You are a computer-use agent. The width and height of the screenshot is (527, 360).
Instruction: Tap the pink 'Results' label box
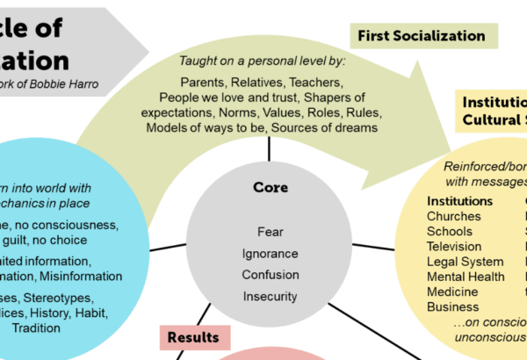pos(195,335)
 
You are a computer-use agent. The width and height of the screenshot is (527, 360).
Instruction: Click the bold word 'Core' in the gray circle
pos(271,188)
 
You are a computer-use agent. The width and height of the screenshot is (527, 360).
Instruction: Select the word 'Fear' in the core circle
pos(271,232)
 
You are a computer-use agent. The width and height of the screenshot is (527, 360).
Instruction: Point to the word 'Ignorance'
pos(271,253)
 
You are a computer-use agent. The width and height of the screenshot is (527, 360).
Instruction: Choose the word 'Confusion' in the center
pos(271,274)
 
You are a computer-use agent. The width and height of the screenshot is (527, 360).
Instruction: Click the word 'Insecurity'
pos(271,296)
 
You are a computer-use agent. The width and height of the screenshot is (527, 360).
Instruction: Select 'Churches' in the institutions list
pos(453,216)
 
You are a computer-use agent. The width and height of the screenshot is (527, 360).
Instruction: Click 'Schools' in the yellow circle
pos(450,231)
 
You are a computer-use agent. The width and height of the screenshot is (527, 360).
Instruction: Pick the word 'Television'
pos(454,246)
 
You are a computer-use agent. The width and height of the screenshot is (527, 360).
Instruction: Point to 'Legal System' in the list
pos(465,262)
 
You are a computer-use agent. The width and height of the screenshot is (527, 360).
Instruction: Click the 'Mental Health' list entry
pos(466,277)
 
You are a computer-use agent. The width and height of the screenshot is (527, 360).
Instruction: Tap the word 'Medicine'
pos(453,292)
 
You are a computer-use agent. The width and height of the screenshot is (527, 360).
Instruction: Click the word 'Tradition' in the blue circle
pos(37,328)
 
